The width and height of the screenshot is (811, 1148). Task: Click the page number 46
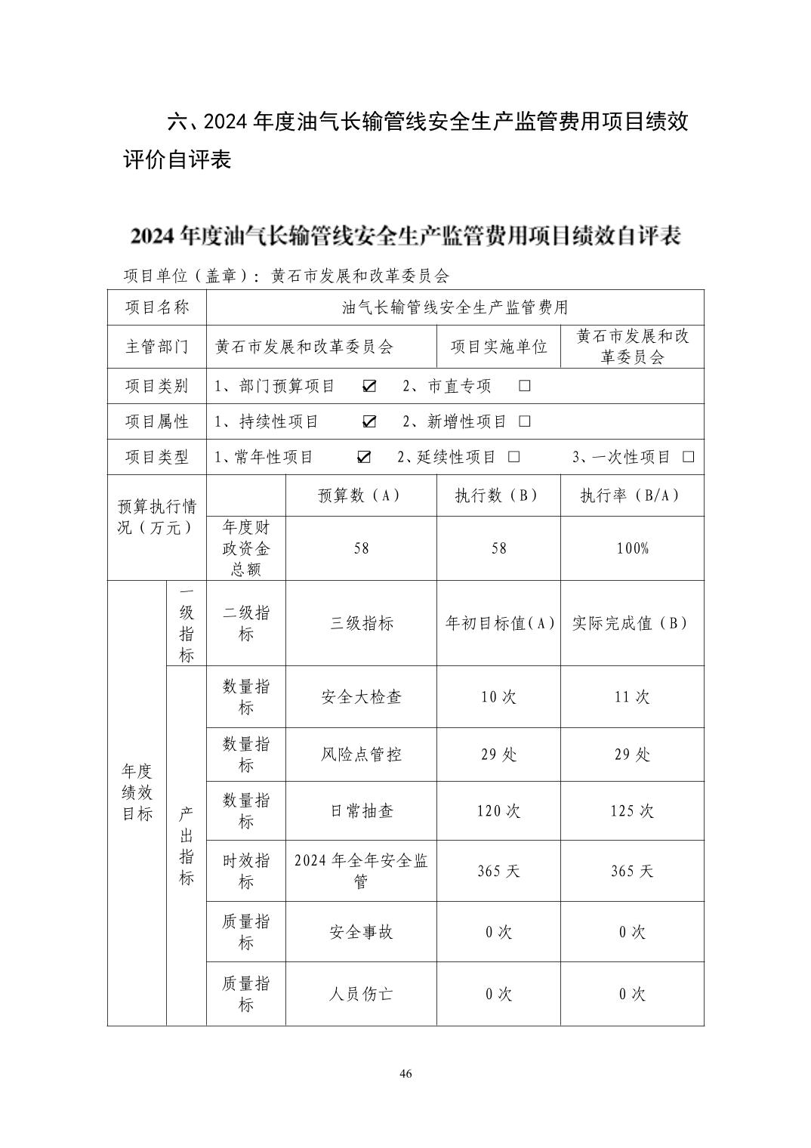405,1074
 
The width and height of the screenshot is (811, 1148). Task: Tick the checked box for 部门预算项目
369,386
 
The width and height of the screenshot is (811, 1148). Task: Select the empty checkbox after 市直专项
524,386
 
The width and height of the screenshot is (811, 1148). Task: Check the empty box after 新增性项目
525,421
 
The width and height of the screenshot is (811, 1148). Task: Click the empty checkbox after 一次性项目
688,457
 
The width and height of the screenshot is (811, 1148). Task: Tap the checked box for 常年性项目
364,457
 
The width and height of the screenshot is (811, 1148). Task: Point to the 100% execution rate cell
632,548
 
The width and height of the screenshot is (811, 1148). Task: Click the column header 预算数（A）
360,495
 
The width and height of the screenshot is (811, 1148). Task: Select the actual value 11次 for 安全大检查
632,696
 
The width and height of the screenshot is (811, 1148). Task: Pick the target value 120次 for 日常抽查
498,811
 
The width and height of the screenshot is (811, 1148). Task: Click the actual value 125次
632,811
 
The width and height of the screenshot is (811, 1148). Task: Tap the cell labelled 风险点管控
361,755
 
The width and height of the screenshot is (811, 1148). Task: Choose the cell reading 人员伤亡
361,994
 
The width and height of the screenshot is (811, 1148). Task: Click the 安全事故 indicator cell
361,932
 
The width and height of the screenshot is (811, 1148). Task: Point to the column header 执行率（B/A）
631,495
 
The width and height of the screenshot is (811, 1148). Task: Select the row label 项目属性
156,421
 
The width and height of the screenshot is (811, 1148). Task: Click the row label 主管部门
156,347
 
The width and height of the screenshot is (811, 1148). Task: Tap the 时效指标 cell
245,871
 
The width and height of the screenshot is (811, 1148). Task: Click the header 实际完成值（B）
631,623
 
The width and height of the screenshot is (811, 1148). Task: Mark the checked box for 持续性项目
369,421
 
